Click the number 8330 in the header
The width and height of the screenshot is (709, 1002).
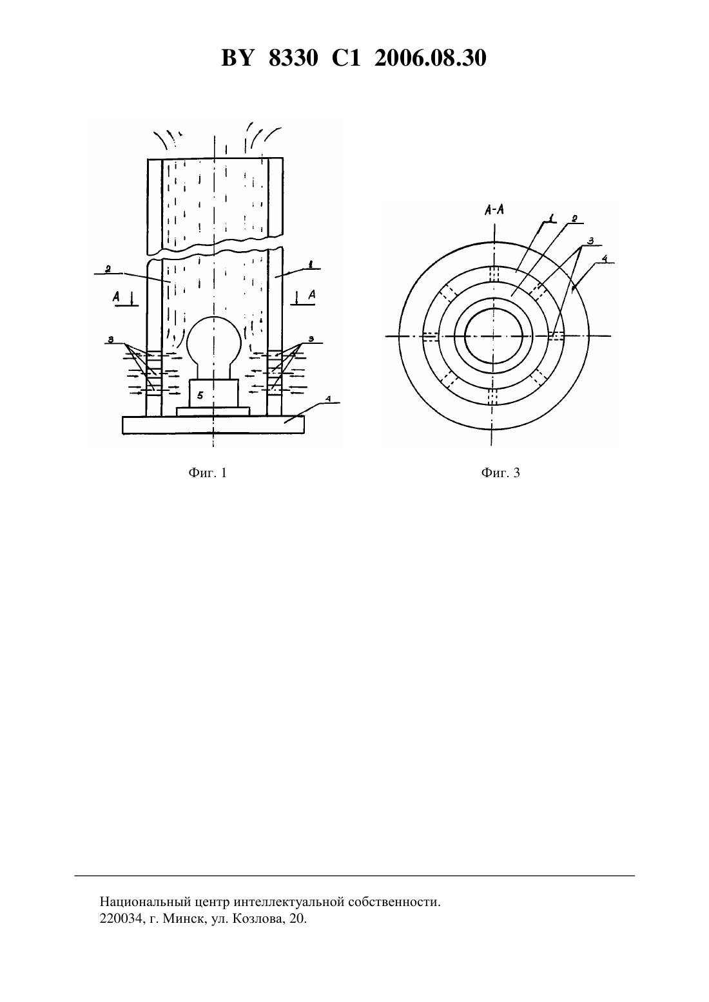[293, 59]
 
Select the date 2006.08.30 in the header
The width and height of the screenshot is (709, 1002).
[430, 59]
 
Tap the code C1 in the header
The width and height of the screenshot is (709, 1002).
[346, 59]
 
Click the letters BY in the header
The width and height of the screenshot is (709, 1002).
[238, 59]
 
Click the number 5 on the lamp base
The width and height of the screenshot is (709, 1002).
[200, 395]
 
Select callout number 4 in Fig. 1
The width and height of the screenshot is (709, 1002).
[327, 399]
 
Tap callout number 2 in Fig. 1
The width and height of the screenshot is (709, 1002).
[108, 269]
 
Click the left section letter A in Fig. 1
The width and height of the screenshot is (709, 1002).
[117, 297]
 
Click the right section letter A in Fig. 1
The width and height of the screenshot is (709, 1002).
[312, 295]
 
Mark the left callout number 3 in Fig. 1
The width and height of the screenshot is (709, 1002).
[111, 340]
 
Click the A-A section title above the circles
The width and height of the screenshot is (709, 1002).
[494, 209]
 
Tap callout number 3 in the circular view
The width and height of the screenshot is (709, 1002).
[590, 241]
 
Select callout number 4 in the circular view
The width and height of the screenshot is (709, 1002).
[605, 259]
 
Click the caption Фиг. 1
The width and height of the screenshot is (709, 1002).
[208, 473]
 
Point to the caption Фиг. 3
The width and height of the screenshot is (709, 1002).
[501, 473]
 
